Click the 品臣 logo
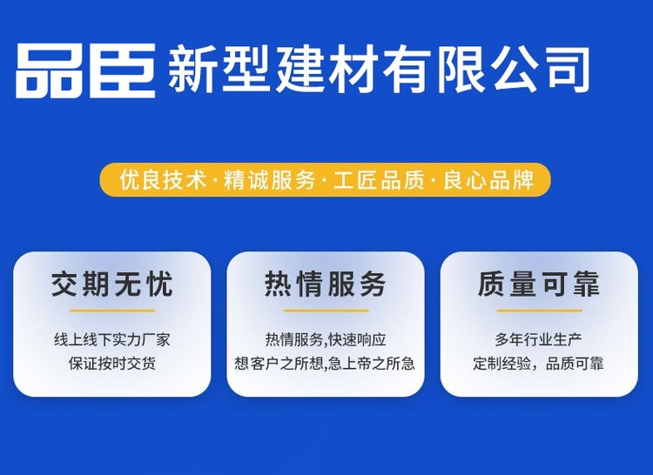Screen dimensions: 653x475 coord(86,70)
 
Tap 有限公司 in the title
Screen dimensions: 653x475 coord(486,69)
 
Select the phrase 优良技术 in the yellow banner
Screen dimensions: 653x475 coord(163,180)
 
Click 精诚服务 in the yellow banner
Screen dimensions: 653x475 coord(269,180)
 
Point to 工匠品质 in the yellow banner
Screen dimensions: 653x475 coord(379,180)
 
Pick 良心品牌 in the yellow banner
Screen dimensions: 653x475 coord(488,180)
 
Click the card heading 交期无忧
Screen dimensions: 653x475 coord(112,284)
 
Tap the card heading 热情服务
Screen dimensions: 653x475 coord(326,284)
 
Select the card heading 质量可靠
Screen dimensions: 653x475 coord(539,284)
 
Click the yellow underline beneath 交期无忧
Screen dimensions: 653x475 coord(112,311)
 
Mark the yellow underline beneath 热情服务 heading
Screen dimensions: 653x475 coord(326,311)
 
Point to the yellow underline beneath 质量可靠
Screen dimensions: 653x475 coord(539,311)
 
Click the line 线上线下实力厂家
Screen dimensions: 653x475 coord(112,340)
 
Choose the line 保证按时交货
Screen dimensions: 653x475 coord(112,364)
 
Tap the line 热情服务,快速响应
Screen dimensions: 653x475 coord(326,340)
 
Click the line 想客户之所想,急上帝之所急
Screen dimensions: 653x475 coord(325,364)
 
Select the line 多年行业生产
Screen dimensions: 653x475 coord(538,340)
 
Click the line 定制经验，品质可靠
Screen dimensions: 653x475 coord(538,364)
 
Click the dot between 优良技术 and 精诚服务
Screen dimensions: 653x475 coord(215,181)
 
